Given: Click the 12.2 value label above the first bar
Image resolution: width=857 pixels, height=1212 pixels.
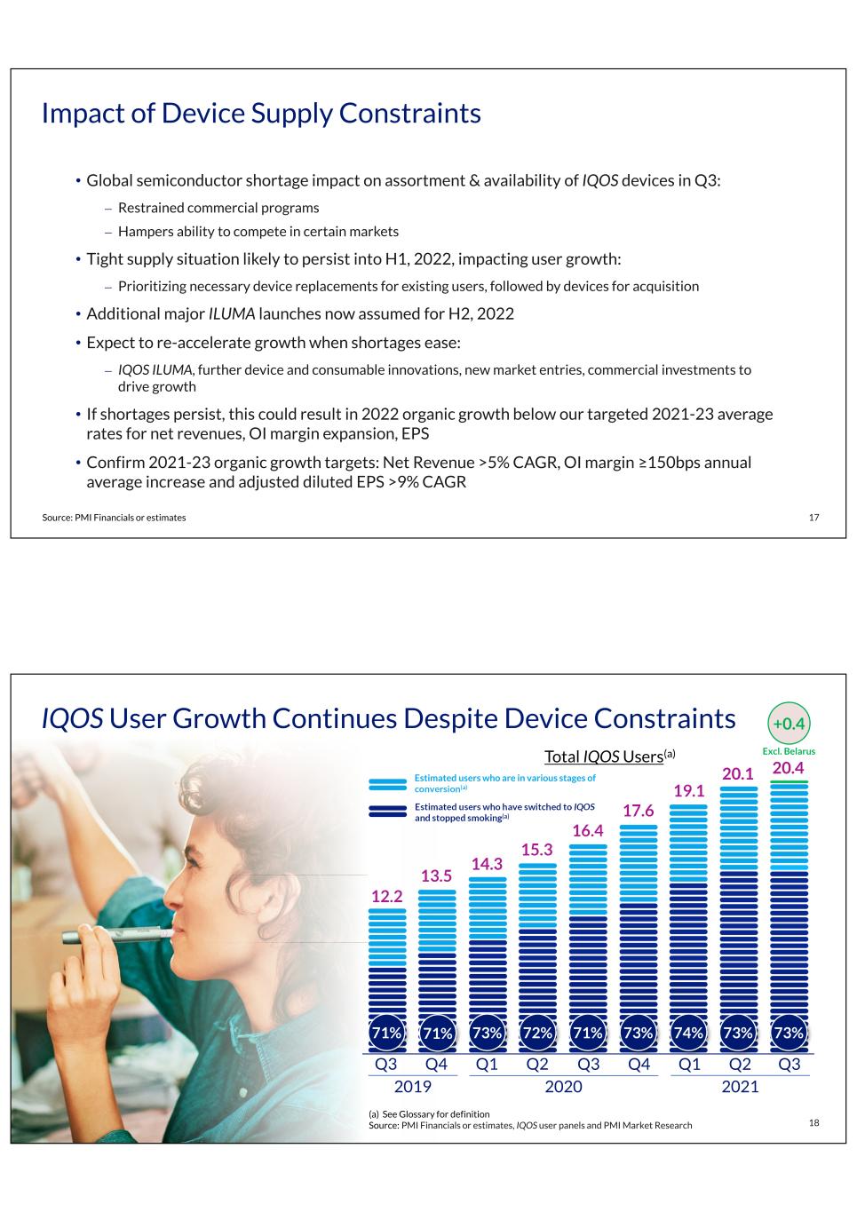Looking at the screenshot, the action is tap(386, 897).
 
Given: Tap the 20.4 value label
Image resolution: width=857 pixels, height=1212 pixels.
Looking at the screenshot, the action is tap(788, 768).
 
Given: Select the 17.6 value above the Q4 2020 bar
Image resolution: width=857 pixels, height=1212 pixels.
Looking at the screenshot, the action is tap(638, 811).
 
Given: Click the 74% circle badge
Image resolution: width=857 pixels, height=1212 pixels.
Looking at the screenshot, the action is tap(688, 1033).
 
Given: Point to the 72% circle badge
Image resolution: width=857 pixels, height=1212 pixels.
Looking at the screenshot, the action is tap(537, 1033).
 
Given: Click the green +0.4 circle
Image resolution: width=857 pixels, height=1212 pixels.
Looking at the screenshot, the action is tap(789, 724).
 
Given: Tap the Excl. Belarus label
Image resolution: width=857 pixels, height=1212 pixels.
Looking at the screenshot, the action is tap(789, 751).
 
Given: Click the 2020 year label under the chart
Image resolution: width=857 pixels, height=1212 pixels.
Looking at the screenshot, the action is tap(563, 1087).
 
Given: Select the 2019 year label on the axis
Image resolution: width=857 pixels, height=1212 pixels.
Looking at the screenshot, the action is tap(412, 1087).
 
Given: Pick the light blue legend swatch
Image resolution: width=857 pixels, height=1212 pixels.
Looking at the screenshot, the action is tap(387, 784).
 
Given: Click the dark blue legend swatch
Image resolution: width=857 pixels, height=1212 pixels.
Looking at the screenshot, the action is tap(387, 811).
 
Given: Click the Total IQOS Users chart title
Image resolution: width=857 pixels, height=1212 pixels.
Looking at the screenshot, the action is tap(610, 756).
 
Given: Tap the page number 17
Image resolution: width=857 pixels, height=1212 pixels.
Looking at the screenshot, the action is tap(813, 518).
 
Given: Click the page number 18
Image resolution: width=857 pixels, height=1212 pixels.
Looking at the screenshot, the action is tap(813, 1122).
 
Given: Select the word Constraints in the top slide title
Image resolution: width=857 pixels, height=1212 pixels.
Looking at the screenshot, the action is tap(409, 114).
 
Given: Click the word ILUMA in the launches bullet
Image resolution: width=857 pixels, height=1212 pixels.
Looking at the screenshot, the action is tap(232, 313).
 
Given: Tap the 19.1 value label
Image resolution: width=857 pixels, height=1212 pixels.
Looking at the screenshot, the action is tap(689, 791).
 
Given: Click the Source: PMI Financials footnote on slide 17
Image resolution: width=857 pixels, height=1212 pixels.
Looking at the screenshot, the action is tap(114, 518).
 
